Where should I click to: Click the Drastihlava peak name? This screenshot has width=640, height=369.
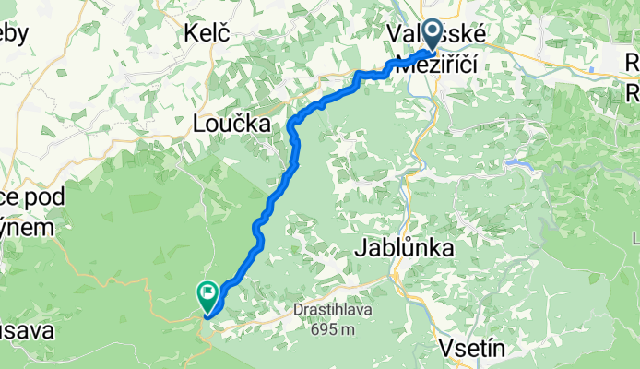pyautogui.click(x=333, y=311)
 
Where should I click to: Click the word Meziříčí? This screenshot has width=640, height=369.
pyautogui.click(x=439, y=65)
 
